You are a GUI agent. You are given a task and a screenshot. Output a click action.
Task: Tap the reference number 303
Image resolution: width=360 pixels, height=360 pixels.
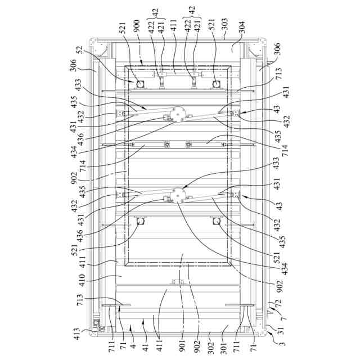click(223, 26)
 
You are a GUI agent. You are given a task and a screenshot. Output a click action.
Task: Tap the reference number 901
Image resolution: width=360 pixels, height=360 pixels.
click(181, 333)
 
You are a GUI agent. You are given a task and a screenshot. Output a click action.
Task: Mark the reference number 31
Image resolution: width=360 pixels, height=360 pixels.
click(271, 329)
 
